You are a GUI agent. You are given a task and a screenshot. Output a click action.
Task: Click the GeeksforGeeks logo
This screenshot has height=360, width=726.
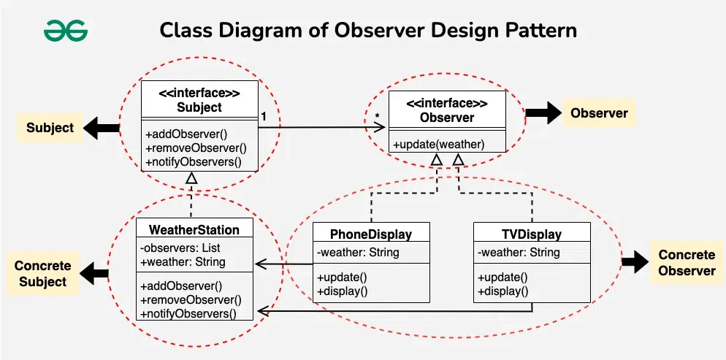65,31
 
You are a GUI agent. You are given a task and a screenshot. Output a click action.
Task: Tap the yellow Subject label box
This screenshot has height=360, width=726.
50,129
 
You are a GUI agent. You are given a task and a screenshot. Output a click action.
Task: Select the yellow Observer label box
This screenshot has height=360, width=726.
599,113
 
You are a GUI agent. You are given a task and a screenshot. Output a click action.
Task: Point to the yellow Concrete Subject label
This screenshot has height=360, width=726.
42,274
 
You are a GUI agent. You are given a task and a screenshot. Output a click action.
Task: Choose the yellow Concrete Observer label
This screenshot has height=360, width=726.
687,263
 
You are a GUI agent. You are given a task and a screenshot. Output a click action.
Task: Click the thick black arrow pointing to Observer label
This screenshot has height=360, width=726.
543,113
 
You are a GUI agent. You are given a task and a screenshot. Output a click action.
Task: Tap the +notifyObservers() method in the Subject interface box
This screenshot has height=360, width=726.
194,162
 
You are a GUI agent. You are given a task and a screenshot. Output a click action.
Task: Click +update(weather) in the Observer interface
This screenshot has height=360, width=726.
439,145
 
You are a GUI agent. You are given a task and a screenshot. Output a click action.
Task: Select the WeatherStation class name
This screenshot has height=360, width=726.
194,230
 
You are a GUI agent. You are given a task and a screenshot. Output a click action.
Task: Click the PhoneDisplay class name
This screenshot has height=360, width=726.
371,234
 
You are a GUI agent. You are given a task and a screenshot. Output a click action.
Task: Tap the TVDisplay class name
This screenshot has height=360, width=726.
532,234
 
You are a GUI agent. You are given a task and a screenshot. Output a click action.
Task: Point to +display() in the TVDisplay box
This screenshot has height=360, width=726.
503,291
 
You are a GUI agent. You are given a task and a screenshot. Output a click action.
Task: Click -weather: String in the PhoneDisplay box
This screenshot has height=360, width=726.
358,253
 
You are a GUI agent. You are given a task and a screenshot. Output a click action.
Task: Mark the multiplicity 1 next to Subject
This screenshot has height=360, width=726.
264,117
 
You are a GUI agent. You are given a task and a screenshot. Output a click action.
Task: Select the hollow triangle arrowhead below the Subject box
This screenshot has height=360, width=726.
191,177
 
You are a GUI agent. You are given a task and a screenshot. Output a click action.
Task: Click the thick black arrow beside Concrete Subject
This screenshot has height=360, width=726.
94,274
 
